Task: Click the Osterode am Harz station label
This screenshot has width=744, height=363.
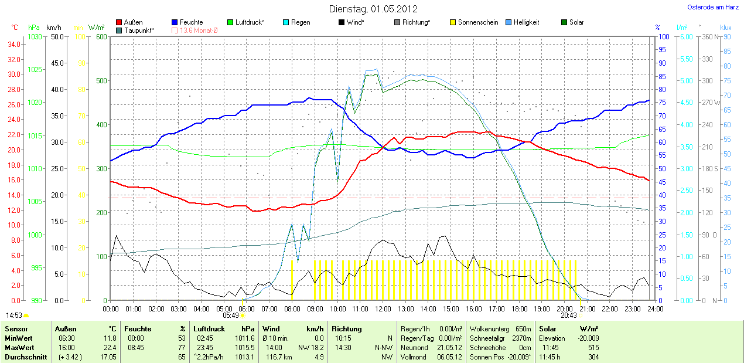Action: [713, 8]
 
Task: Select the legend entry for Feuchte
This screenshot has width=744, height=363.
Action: [192, 22]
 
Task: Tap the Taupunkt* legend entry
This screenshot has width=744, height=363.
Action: [138, 30]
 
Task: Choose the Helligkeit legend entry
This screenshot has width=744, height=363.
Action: [527, 22]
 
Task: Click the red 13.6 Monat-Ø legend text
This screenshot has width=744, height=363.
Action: [199, 30]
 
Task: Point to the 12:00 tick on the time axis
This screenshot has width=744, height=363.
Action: [383, 308]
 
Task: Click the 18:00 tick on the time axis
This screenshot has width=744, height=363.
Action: [519, 308]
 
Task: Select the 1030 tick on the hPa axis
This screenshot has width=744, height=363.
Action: [35, 37]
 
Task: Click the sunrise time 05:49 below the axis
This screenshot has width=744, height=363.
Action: [231, 315]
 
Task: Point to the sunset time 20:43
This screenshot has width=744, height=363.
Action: [568, 315]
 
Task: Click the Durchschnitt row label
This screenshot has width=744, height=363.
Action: [25, 357]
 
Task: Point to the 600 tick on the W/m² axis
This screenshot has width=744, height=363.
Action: [100, 37]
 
